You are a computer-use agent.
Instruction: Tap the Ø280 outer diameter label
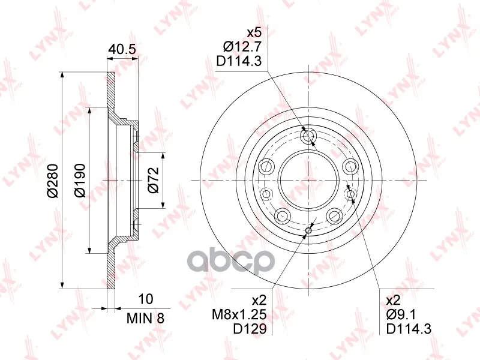[52, 181]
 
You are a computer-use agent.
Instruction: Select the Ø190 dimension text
[80, 181]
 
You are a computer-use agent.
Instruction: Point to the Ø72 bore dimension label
[153, 180]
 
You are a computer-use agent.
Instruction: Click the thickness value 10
[145, 299]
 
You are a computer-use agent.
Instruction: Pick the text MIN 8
[145, 319]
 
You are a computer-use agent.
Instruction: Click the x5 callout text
[254, 33]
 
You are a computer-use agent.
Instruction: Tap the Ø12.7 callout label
[242, 47]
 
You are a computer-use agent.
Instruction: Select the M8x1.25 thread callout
[239, 314]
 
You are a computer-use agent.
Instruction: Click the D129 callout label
[250, 328]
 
